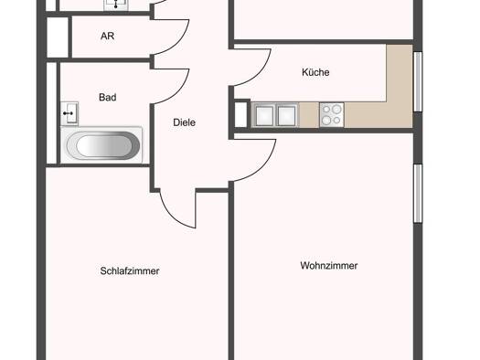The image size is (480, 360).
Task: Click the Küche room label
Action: (315, 72)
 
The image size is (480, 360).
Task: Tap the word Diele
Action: (185, 122)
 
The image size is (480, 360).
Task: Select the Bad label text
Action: (108, 97)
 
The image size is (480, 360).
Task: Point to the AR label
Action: (108, 36)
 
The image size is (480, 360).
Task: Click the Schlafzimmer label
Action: (130, 270)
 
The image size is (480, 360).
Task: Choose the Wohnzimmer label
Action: (329, 266)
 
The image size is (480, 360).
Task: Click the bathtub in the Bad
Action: (102, 145)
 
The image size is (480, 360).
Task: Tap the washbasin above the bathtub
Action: (69, 113)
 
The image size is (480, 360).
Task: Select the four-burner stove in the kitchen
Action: (332, 115)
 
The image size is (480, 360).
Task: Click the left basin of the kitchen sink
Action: (264, 115)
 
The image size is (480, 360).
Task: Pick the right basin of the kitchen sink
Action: (286, 115)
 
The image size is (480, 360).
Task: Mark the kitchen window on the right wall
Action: (418, 81)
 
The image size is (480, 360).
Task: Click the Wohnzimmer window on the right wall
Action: (418, 194)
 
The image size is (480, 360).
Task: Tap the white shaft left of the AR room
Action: (58, 37)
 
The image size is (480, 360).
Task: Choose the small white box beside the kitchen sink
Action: (240, 114)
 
